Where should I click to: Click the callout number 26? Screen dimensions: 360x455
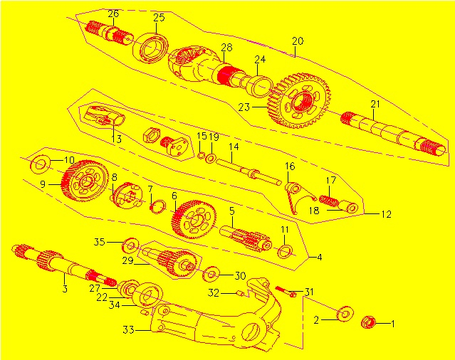pos(113,14)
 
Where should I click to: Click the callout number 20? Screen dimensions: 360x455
pos(298,41)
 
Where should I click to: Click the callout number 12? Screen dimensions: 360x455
pos(386,213)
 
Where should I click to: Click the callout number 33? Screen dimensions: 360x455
pos(129,329)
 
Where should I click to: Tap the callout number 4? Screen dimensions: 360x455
pos(320,256)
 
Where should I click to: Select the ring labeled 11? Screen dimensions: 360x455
pos(284,250)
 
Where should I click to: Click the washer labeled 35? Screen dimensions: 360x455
pos(131,245)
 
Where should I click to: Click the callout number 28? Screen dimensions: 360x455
pos(226,48)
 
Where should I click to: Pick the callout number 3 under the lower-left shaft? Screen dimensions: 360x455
pos(65,289)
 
